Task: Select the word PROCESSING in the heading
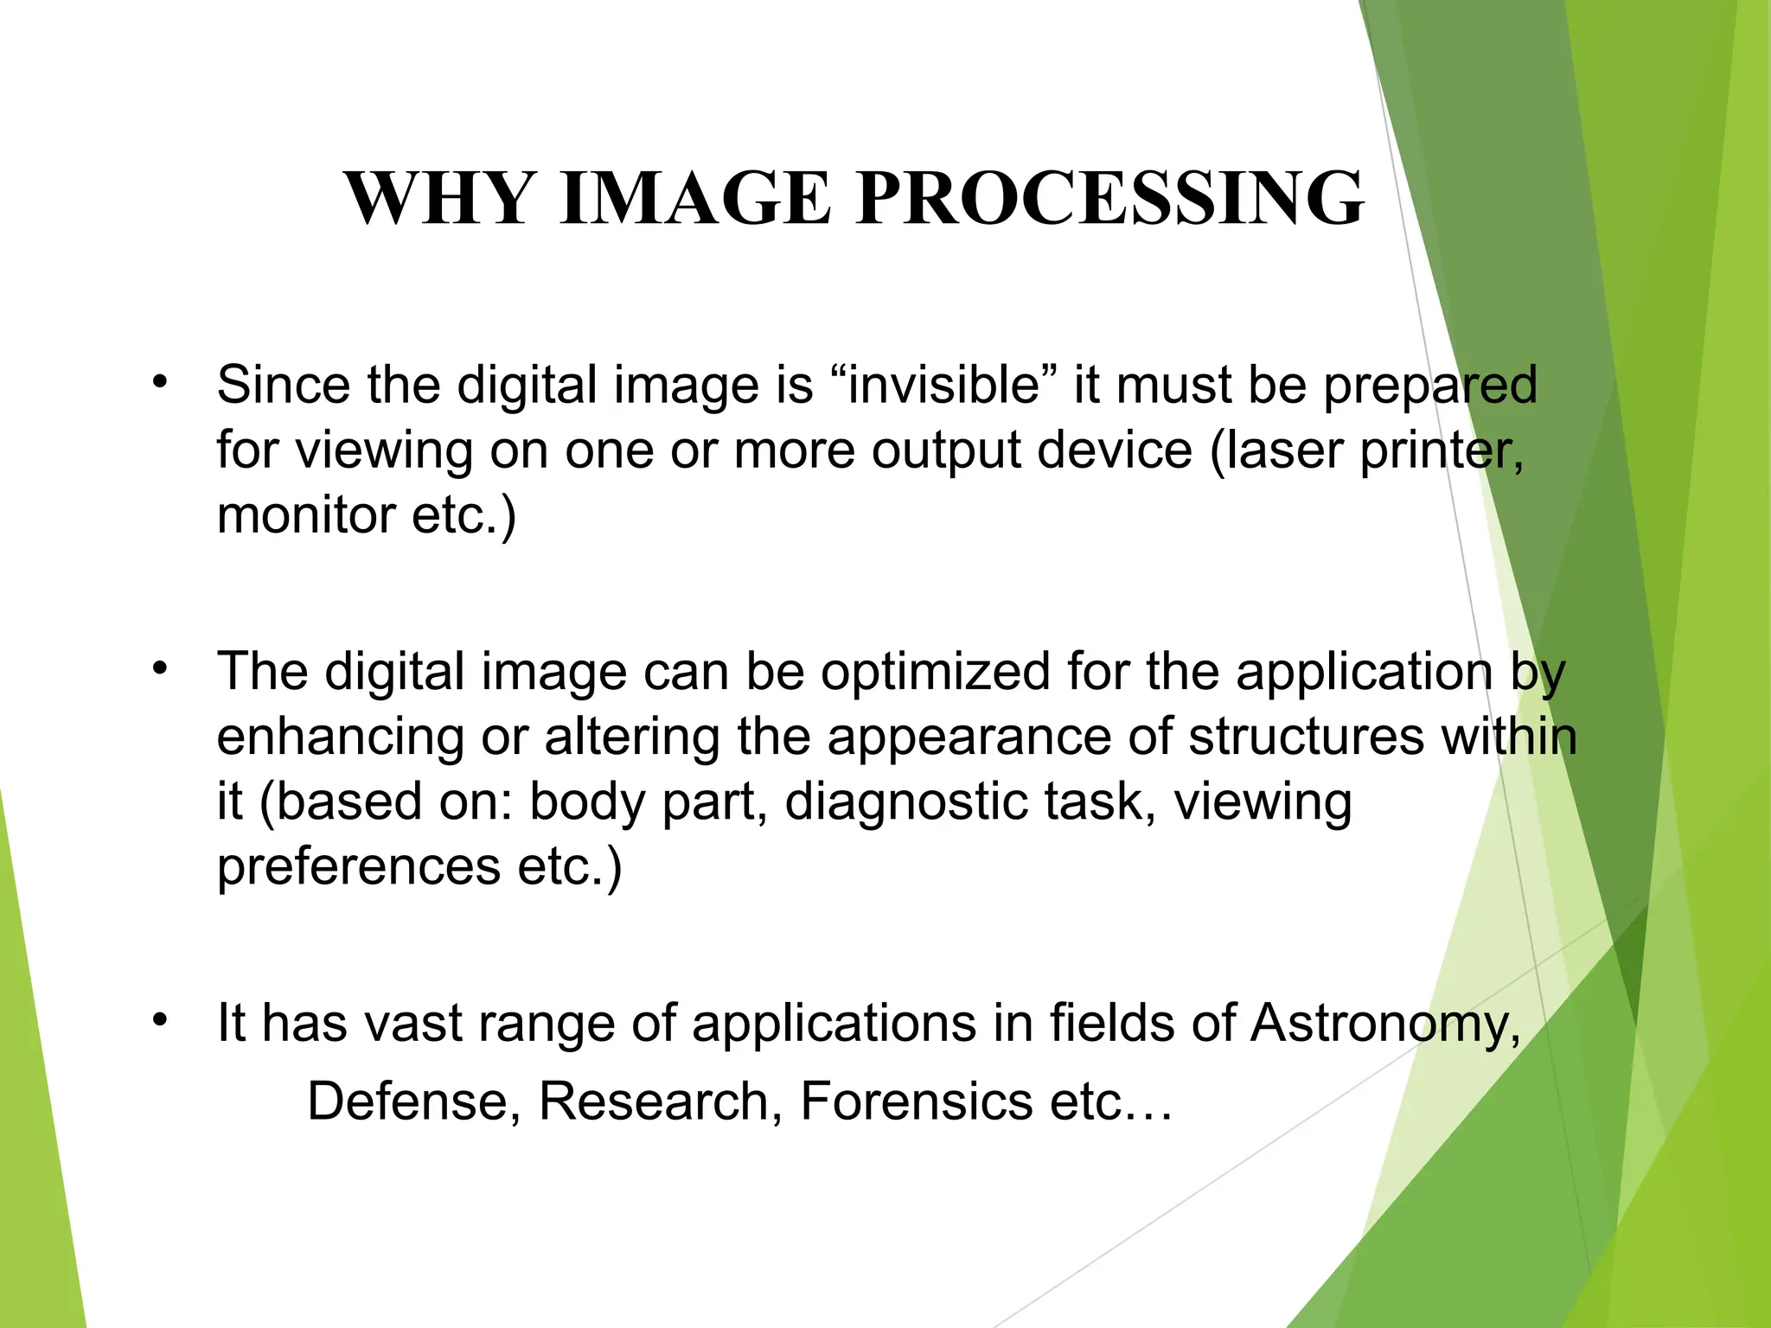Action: [x=1111, y=199]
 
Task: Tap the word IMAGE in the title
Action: [x=695, y=199]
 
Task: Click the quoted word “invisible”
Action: [x=943, y=385]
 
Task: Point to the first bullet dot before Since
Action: [x=159, y=381]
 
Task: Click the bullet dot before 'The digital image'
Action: [x=159, y=667]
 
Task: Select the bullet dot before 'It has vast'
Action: [x=159, y=1020]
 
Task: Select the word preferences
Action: [x=358, y=866]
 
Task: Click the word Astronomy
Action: [x=1384, y=1024]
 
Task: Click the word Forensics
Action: [x=917, y=1102]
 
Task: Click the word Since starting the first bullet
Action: [x=283, y=385]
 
